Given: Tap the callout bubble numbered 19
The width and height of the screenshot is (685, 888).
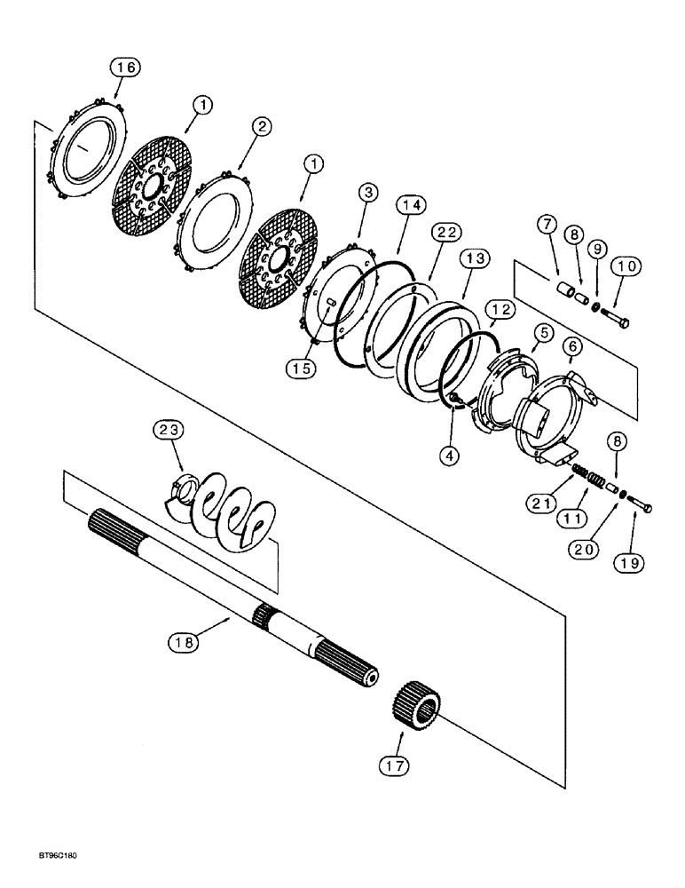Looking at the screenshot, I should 635,562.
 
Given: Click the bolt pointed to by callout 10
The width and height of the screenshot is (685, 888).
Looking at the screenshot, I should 618,320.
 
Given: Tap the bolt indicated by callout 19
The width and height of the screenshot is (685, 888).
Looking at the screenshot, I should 642,505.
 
